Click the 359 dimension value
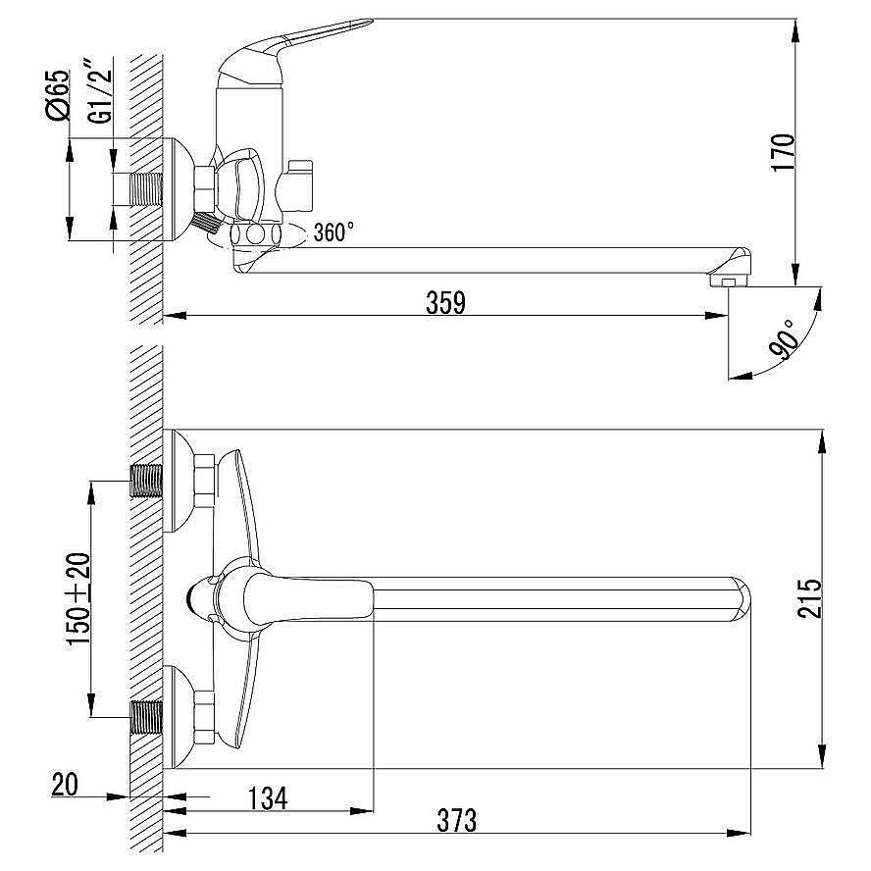click(445, 303)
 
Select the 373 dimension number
click(457, 820)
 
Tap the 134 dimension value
click(268, 798)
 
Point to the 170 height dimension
click(784, 152)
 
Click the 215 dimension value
click(809, 598)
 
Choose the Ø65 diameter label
click(58, 94)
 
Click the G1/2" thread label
click(100, 89)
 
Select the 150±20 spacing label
click(78, 598)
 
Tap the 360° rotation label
click(333, 232)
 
